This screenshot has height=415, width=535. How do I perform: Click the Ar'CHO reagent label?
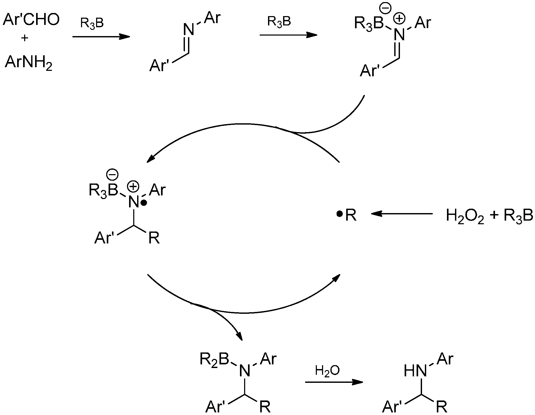[31, 20]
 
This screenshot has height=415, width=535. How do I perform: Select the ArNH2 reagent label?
[29, 63]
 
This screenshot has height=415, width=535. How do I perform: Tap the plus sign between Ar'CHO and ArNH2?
[25, 38]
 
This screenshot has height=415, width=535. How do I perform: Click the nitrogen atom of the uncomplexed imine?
[189, 29]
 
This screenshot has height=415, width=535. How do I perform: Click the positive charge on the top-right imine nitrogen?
[399, 19]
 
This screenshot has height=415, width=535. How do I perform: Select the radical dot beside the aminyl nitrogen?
[144, 204]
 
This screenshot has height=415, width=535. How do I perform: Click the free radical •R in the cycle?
[347, 215]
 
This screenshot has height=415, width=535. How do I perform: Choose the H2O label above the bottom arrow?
[327, 371]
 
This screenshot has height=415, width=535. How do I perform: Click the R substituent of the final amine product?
[442, 407]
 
